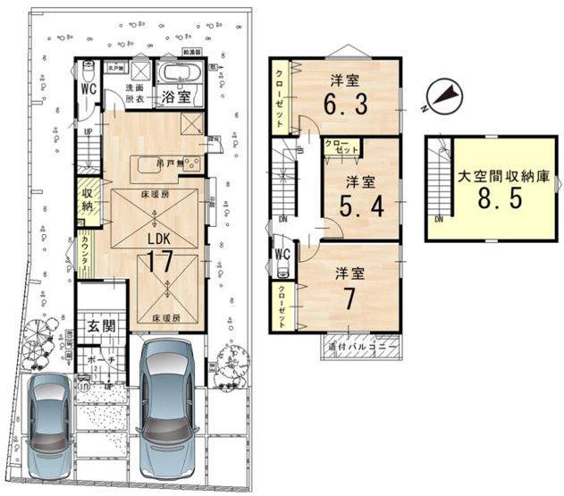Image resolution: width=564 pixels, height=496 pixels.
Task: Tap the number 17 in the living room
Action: click(158, 264)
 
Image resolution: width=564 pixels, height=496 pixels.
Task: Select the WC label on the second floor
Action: click(282, 253)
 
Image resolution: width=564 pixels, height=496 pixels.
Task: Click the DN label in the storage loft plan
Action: click(439, 220)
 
